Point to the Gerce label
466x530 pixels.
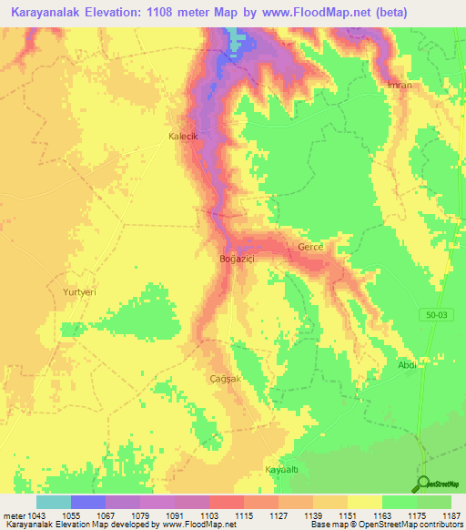pyautogui.click(x=311, y=248)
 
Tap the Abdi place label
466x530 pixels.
pyautogui.click(x=407, y=365)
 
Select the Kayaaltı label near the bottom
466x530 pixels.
pyautogui.click(x=281, y=469)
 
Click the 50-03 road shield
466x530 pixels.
pyautogui.click(x=437, y=314)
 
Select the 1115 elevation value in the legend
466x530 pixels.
pyautogui.click(x=243, y=516)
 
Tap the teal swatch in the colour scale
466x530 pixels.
pyautogui.click(x=54, y=502)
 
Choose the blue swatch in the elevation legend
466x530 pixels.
pyautogui.click(x=88, y=502)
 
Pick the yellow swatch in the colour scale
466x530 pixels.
pyautogui.click(x=364, y=502)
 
